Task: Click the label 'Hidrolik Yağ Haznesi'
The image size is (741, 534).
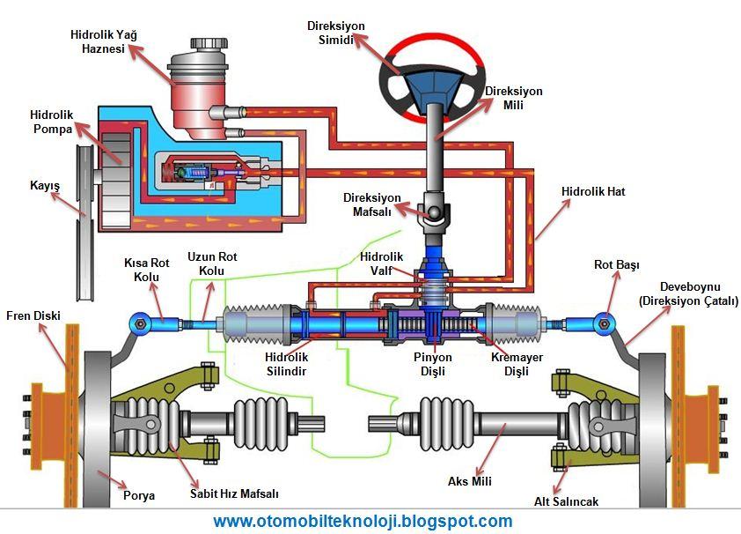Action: click(x=104, y=41)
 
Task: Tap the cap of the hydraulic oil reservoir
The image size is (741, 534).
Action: click(x=209, y=43)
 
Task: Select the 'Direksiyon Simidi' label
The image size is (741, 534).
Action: click(x=336, y=33)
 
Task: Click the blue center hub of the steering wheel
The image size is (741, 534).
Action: click(x=432, y=86)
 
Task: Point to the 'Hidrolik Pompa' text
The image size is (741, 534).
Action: click(x=52, y=122)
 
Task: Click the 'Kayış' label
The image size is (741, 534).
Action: click(x=45, y=185)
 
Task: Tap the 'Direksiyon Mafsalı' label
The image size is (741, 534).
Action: click(x=372, y=204)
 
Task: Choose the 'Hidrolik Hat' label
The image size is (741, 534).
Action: click(x=593, y=191)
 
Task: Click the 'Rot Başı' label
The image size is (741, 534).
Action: click(x=616, y=265)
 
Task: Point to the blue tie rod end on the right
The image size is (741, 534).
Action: click(x=604, y=324)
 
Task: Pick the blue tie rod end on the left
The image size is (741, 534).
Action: click(x=140, y=324)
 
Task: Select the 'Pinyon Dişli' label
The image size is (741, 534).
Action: click(x=433, y=364)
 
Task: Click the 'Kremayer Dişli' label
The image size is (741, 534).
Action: click(x=517, y=364)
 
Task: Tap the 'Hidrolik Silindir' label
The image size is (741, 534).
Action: click(x=286, y=364)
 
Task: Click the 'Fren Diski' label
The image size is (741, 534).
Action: click(x=33, y=315)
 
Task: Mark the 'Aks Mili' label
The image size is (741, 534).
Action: click(x=470, y=481)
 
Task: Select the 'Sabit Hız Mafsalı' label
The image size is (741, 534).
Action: click(x=234, y=493)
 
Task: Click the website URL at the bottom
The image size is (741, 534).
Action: click(x=363, y=522)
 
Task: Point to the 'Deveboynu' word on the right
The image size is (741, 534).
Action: click(x=690, y=286)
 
